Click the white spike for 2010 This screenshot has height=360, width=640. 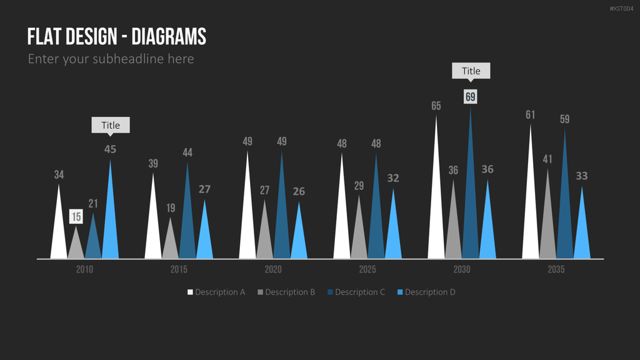click(59, 229)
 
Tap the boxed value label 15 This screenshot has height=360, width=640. click(76, 217)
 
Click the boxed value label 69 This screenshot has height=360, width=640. click(471, 97)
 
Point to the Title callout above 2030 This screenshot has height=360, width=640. click(471, 71)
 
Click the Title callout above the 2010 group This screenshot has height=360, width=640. click(111, 125)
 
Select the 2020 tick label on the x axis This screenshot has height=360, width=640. click(273, 269)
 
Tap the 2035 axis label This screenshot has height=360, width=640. click(556, 269)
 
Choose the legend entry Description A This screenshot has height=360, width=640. click(216, 292)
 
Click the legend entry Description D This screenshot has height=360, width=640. click(426, 292)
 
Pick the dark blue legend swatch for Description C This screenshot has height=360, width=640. click(330, 292)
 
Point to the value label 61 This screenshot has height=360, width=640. click(530, 115)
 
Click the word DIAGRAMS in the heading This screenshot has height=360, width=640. click(169, 37)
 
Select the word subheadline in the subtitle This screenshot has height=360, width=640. click(128, 59)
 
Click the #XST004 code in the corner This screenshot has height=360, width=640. click(622, 9)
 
